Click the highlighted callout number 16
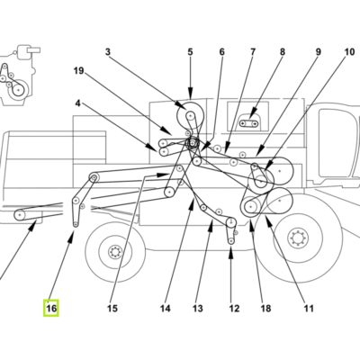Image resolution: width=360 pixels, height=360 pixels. [51, 308]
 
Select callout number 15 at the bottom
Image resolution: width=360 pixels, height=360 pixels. [112, 309]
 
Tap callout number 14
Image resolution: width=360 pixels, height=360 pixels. [165, 309]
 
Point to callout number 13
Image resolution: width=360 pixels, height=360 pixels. [198, 309]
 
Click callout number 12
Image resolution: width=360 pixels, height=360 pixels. [234, 309]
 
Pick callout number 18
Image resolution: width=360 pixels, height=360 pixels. [265, 309]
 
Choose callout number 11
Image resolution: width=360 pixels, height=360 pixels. [309, 309]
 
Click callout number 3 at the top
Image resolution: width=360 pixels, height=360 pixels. [108, 52]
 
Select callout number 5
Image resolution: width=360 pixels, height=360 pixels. [191, 52]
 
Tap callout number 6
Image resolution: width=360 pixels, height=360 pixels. [221, 52]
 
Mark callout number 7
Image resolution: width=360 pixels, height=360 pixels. [253, 52]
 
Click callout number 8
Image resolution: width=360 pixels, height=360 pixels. [283, 52]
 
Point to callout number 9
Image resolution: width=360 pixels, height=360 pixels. [318, 52]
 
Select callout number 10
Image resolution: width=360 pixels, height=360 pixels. [349, 52]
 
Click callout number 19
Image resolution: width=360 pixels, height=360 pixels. [78, 71]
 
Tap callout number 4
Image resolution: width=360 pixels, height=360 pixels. [78, 103]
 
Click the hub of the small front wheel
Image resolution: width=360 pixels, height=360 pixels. [114, 251]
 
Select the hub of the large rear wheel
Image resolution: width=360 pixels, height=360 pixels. [298, 238]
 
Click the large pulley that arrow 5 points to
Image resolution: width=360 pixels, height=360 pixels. [190, 114]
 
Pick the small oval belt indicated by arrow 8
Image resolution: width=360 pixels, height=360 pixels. [248, 123]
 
